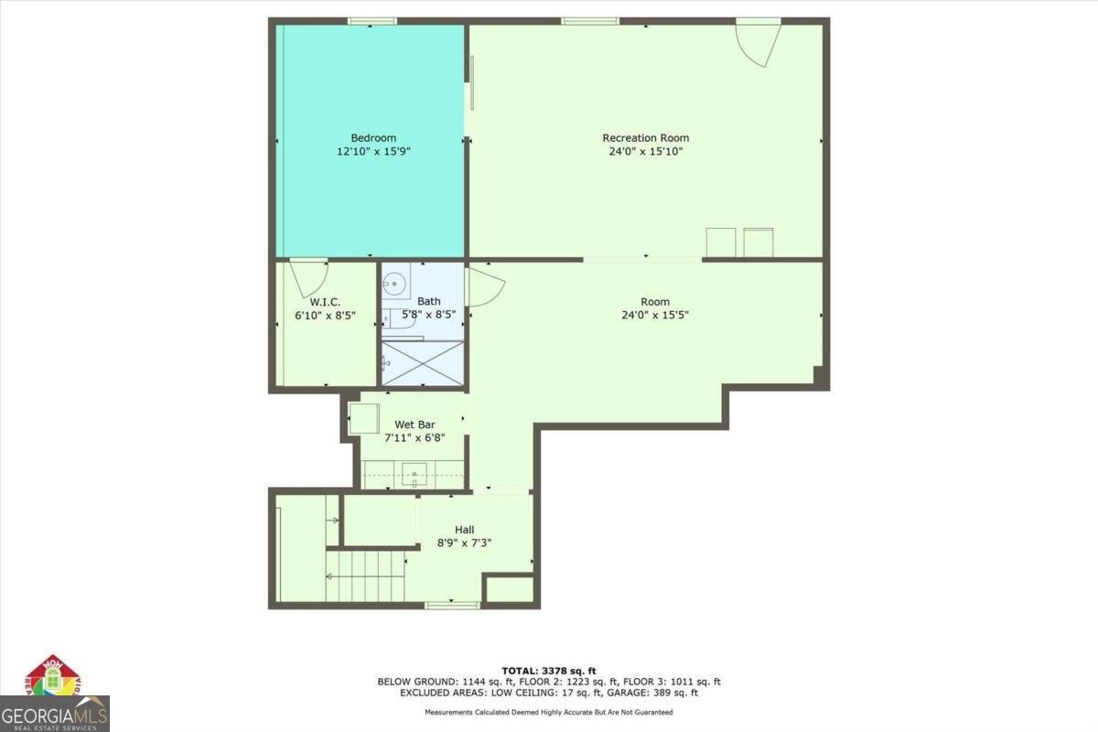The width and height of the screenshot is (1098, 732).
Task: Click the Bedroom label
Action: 373,138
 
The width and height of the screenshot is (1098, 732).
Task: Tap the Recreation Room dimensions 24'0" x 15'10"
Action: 646,151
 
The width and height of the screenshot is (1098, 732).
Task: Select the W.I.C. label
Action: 325,302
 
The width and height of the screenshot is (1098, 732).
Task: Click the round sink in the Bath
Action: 393,284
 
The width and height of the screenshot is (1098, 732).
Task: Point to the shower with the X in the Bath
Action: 423,363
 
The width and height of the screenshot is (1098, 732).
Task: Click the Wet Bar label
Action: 414,425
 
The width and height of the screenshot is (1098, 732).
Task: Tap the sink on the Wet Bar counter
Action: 414,474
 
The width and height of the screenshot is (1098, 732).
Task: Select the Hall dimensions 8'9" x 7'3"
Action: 464,543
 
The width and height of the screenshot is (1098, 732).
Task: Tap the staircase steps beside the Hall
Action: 365,576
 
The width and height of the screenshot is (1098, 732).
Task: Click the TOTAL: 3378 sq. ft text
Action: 548,671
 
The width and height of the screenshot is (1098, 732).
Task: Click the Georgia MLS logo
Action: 54,714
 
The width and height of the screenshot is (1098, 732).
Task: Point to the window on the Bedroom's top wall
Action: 372,21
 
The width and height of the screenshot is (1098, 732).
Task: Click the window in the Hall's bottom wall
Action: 452,606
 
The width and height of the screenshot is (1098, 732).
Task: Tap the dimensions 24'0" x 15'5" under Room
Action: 655,315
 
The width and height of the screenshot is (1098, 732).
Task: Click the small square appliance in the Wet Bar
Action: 364,418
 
